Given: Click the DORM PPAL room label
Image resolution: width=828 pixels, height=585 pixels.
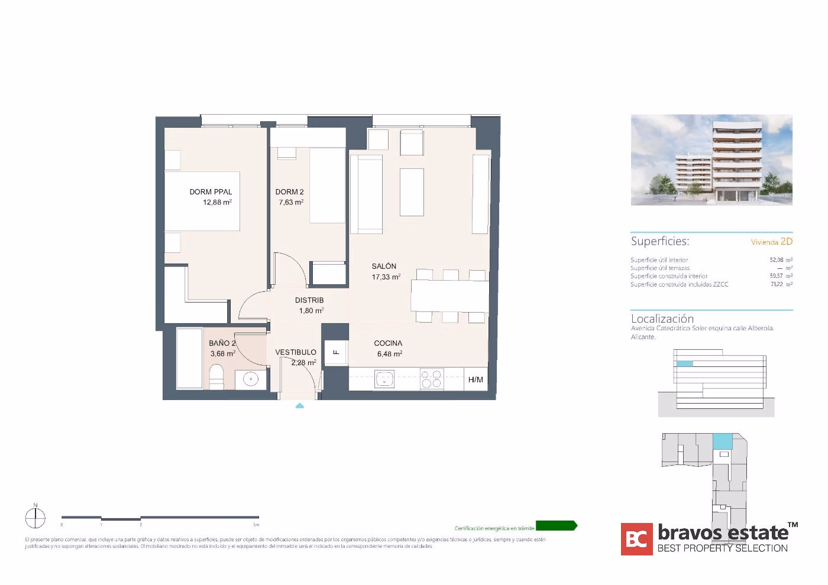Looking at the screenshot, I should pos(211,192).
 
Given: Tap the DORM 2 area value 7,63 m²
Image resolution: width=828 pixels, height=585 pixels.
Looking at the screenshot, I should pos(291,202).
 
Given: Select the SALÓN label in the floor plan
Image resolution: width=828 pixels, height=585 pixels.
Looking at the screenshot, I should pos(384,266).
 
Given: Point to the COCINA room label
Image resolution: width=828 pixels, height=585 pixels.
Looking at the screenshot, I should pos(388,343).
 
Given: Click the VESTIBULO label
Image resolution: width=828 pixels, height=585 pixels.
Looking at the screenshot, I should pos(296,352).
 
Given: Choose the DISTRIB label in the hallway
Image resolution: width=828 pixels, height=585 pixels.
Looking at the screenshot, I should pos(309,300).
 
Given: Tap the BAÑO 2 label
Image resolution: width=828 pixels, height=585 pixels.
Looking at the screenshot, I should pos(222,343).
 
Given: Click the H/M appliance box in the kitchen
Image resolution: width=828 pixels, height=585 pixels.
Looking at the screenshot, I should pos(476,379).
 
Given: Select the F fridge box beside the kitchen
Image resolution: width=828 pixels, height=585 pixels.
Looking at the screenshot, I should pos(336,353).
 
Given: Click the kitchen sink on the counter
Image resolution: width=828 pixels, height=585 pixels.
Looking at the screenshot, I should pos(384,379).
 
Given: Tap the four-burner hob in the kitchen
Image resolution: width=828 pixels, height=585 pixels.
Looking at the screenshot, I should pos(431,379).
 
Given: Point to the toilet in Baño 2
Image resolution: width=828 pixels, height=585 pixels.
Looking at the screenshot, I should pos(216,377).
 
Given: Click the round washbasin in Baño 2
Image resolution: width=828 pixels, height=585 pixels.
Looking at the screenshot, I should pos(251,379).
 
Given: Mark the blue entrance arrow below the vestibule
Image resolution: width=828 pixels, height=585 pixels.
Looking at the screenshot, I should pos(300,406).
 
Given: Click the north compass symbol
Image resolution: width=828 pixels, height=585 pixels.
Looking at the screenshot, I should pos(35,518).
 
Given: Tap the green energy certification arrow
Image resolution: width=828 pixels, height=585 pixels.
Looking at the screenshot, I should pos(556,526).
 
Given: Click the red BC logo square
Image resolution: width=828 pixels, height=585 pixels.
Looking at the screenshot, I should pos(636,539).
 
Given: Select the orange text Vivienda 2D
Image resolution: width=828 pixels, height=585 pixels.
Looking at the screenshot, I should pos(771,242).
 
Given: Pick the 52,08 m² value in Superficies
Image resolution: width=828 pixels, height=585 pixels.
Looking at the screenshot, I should pos(781,259).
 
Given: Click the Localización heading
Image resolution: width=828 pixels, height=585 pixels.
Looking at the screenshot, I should pos(662,318).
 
